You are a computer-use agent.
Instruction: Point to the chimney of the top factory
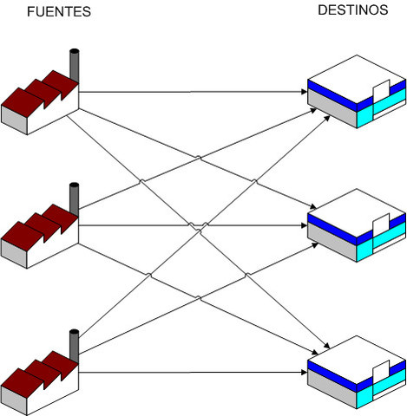pyautogui.click(x=75, y=66)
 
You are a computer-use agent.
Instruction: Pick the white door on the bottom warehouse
pyautogui.click(x=380, y=373)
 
